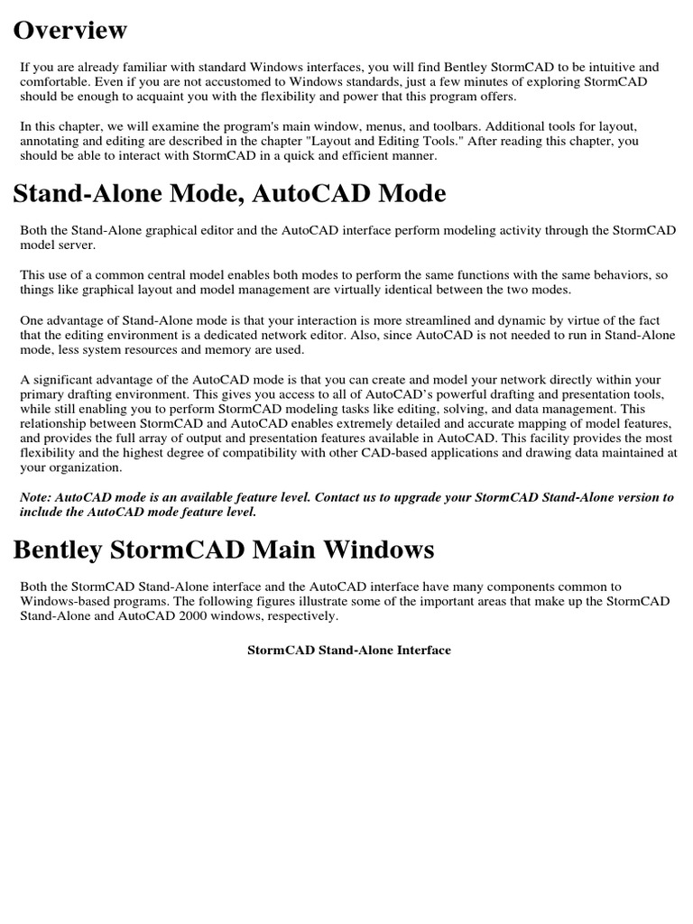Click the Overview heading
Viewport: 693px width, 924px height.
pos(69,30)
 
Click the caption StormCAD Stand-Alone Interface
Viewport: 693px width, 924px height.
pos(348,650)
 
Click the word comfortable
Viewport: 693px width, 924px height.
pos(54,81)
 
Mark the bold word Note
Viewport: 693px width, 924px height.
pos(36,497)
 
